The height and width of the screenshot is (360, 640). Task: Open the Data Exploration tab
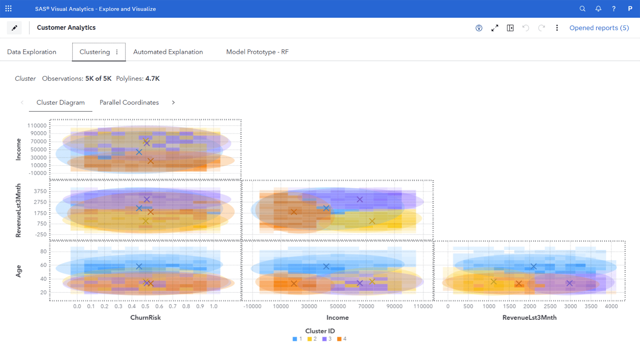pos(32,52)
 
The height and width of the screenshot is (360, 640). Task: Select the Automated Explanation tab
pos(168,52)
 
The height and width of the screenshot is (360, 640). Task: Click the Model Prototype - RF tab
pos(257,52)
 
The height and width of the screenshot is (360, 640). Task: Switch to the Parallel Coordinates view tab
pos(129,102)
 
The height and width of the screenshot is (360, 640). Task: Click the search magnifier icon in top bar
pos(582,9)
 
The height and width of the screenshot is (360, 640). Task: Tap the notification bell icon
pos(598,9)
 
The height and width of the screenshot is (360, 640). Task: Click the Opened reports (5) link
pos(599,28)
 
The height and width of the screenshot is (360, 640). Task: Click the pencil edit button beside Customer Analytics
pos(14,28)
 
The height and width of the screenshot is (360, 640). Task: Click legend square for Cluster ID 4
pos(339,339)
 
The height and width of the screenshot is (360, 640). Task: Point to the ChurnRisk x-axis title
pos(145,317)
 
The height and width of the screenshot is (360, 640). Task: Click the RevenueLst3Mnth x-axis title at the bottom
pos(529,317)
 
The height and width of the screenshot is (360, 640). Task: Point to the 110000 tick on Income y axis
pos(37,125)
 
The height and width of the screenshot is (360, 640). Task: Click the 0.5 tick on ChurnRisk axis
pos(145,306)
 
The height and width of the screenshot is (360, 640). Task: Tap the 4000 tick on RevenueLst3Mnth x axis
pos(611,306)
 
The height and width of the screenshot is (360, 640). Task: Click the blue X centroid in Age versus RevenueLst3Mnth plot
pos(533,266)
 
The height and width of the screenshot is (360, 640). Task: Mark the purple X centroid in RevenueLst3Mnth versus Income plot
pos(360,199)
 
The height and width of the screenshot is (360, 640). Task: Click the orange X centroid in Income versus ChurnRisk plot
pos(150,161)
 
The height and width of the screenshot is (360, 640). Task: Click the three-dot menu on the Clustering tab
pos(117,52)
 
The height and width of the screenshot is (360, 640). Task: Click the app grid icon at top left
pos(9,9)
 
